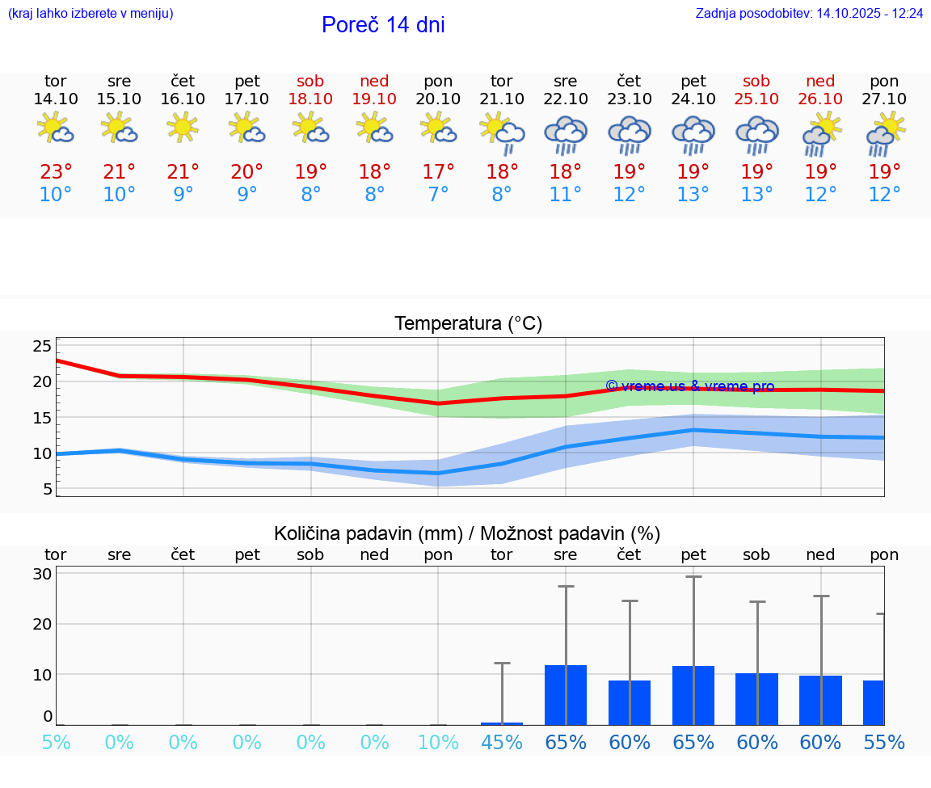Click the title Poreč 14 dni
click(x=383, y=25)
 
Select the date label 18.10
click(x=310, y=99)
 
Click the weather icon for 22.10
click(x=566, y=134)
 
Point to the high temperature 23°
click(x=56, y=172)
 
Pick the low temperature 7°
click(x=438, y=195)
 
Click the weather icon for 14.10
click(x=56, y=129)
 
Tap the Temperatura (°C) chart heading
click(x=468, y=324)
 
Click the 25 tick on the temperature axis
click(x=42, y=346)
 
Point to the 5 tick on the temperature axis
click(x=48, y=489)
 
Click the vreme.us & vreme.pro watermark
click(x=689, y=386)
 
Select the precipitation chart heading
click(x=467, y=533)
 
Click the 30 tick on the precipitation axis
click(x=43, y=574)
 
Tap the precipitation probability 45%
click(x=502, y=742)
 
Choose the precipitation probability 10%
click(x=438, y=742)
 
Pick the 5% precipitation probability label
click(x=56, y=742)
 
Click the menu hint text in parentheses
click(x=91, y=14)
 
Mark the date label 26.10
click(x=820, y=99)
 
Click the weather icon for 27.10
click(x=885, y=134)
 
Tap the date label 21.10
click(x=502, y=99)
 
